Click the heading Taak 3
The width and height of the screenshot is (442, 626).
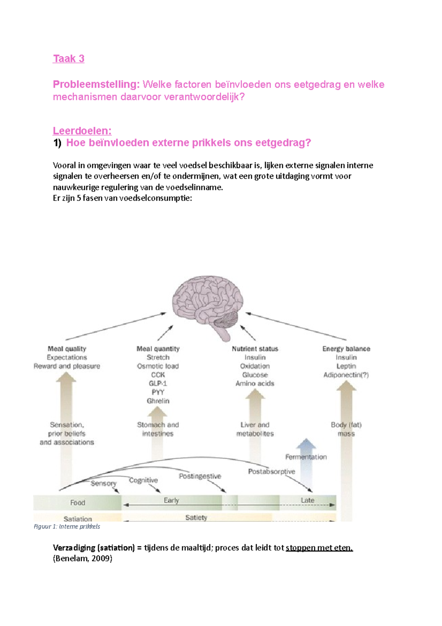tap(69, 59)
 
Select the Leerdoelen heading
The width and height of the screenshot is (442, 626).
tap(82, 131)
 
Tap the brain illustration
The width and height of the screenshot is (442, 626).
tap(207, 302)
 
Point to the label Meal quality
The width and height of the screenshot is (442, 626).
tap(67, 349)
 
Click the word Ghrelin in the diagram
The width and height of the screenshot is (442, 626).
tap(158, 401)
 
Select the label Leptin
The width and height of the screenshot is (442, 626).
tap(346, 366)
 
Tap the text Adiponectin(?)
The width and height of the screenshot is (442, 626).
tap(346, 375)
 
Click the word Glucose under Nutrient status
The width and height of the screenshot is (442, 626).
tap(255, 375)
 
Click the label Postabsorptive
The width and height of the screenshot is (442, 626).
tap(271, 472)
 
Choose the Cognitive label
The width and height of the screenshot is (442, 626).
tap(143, 480)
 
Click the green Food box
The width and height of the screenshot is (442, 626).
tap(77, 502)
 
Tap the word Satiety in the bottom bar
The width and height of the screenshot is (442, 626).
tap(196, 518)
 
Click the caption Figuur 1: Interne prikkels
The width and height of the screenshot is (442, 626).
tap(67, 526)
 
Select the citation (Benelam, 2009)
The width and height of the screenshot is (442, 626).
tap(83, 558)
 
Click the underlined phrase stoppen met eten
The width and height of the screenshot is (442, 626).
tap(319, 547)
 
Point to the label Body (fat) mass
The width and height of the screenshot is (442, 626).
tap(346, 429)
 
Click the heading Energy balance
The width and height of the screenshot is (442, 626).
tap(346, 349)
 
